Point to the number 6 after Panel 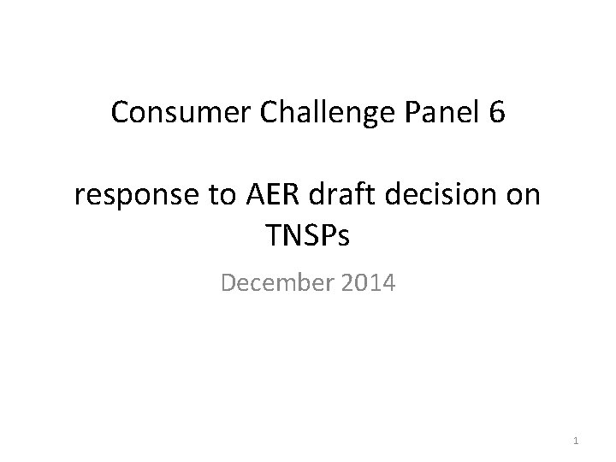498,114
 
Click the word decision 432,197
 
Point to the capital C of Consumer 120,114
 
